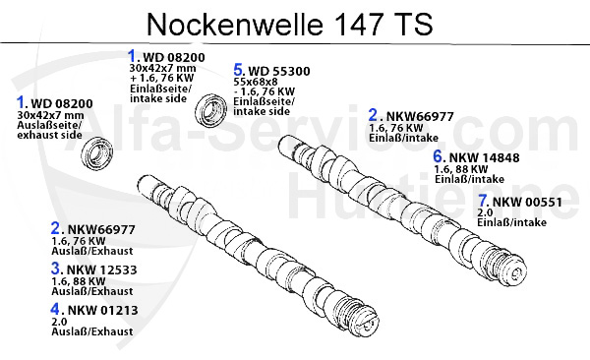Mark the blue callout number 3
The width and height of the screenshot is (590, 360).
57,268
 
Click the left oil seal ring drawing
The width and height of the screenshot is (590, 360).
97,152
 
